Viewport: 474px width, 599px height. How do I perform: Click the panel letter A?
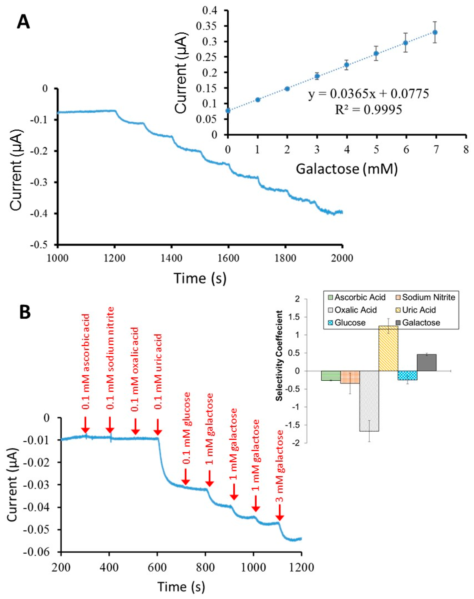[23, 22]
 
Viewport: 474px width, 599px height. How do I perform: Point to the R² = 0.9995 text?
[369, 110]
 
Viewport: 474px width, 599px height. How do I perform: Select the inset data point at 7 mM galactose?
[435, 32]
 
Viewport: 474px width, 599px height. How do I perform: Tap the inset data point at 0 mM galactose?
[228, 111]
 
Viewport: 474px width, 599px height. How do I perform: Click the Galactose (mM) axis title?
[347, 169]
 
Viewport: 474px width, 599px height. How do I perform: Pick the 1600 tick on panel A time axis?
[228, 258]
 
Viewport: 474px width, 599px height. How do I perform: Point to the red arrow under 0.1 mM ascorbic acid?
[85, 424]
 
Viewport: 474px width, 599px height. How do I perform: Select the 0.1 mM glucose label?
[187, 428]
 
